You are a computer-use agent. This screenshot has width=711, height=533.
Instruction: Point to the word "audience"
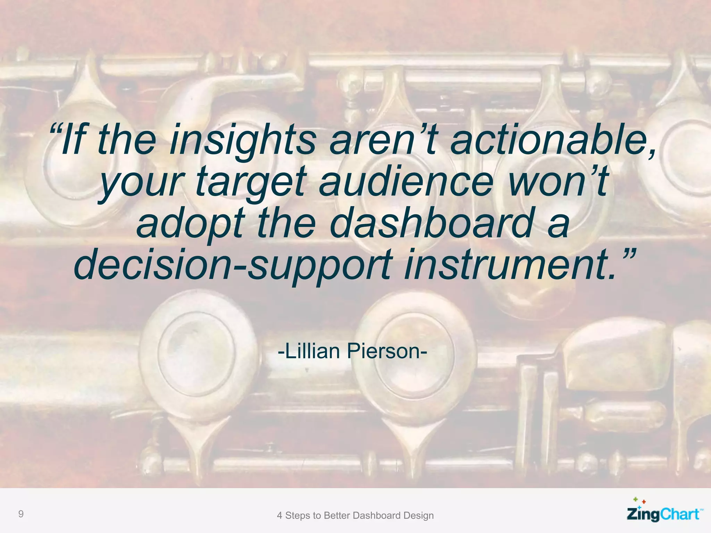pos(406,181)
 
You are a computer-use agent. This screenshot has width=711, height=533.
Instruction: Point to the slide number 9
pos(21,514)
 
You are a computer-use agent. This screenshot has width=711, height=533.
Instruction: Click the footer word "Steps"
pos(298,516)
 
